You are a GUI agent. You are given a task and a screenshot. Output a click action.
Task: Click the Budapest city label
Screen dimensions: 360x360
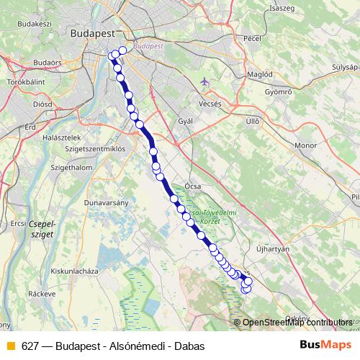94,33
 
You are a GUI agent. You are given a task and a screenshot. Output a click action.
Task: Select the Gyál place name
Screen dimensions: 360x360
185,121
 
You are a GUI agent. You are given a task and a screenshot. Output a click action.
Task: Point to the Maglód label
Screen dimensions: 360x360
260,73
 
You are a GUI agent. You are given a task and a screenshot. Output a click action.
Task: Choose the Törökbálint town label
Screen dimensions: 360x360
27,82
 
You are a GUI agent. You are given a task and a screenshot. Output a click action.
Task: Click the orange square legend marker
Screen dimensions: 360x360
11,346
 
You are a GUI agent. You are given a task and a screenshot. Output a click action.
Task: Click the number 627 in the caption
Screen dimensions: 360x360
30,346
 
